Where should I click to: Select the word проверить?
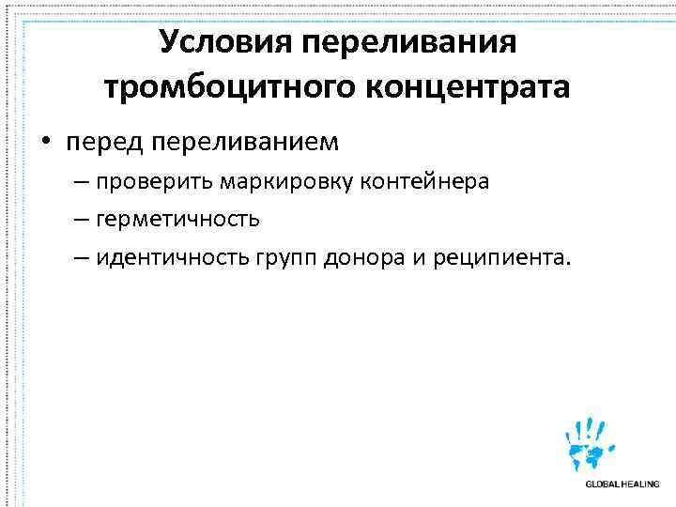point(151,181)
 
